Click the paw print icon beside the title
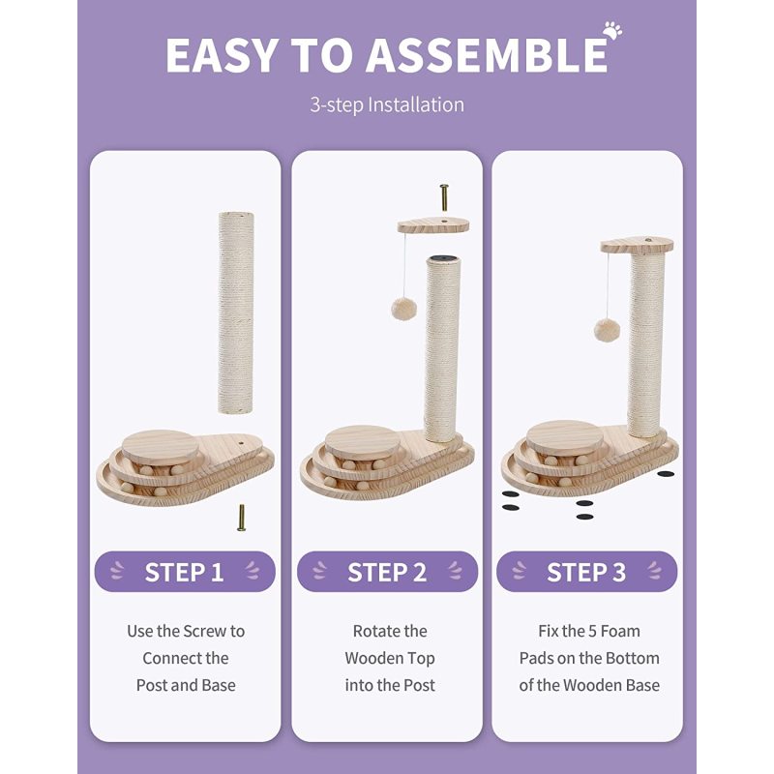[612, 30]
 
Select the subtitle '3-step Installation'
[387, 105]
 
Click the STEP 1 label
[184, 572]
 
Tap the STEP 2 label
[387, 572]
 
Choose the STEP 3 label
[586, 572]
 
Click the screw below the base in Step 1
[241, 518]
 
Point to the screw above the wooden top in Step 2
[444, 197]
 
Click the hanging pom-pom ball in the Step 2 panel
[403, 309]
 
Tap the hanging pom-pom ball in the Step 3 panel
[608, 330]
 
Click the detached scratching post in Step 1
[236, 313]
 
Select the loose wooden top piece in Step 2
[432, 226]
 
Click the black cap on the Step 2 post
[444, 258]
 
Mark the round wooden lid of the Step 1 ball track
[161, 447]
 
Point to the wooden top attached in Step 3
[637, 245]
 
